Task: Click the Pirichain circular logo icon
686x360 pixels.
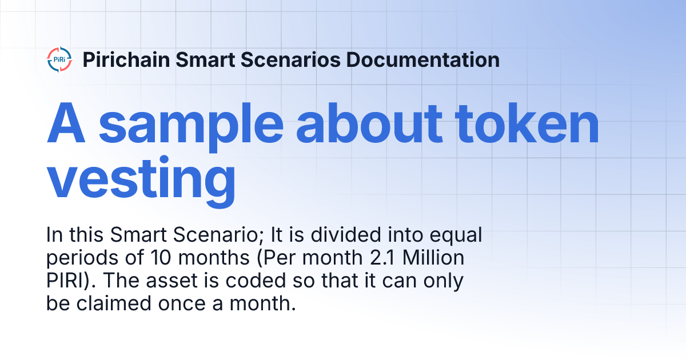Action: click(x=59, y=60)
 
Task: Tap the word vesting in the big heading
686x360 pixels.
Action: click(x=141, y=177)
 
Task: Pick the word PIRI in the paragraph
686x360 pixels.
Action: click(x=64, y=282)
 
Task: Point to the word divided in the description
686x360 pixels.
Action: click(x=332, y=235)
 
